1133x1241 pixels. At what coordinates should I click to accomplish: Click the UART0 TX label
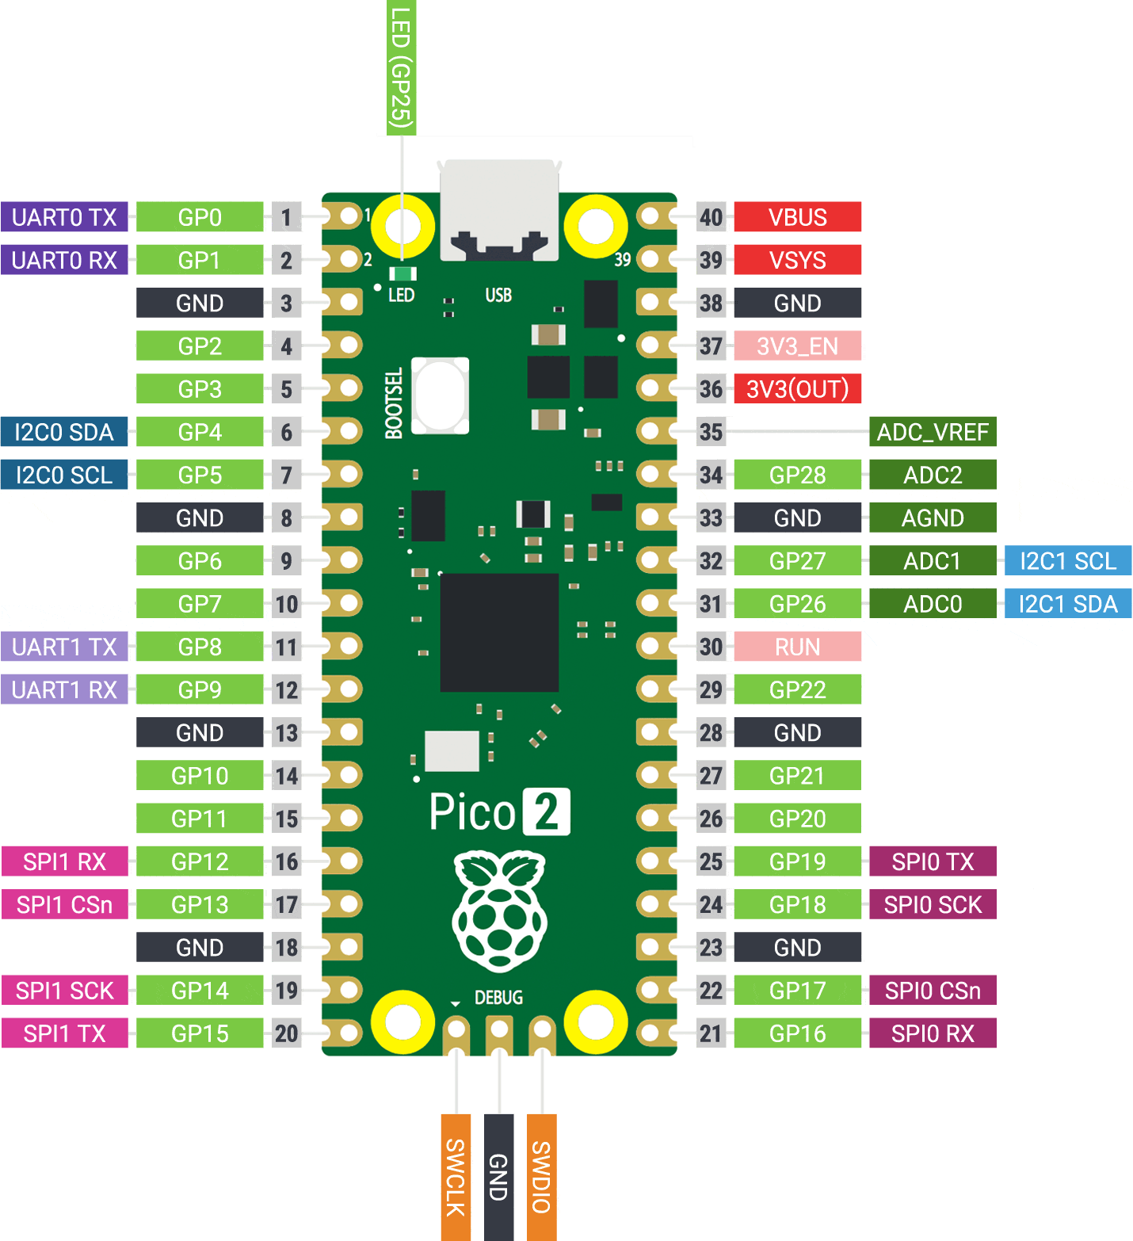(x=64, y=217)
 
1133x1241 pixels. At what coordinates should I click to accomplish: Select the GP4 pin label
(x=200, y=432)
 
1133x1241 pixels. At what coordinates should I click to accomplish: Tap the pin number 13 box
(x=286, y=733)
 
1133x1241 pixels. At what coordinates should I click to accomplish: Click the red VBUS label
(x=797, y=217)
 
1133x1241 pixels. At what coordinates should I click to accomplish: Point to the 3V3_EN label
(x=797, y=346)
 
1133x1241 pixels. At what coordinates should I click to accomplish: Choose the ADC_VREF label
(x=933, y=432)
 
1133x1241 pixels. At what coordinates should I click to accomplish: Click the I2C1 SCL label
(x=1067, y=561)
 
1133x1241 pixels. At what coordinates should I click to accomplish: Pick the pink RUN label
(x=797, y=647)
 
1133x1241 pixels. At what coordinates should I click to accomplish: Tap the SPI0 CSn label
(x=933, y=991)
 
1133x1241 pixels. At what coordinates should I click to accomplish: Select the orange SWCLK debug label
(x=456, y=1177)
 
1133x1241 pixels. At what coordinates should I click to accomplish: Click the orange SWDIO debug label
(x=541, y=1177)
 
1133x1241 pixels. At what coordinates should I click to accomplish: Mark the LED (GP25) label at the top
(x=401, y=67)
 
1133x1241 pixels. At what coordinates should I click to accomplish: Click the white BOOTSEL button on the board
(x=441, y=395)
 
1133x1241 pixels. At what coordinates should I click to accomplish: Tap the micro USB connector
(x=499, y=210)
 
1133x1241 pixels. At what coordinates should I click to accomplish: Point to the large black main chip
(x=499, y=632)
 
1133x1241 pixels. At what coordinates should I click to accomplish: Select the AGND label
(x=933, y=518)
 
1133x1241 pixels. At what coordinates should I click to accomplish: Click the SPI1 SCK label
(x=64, y=991)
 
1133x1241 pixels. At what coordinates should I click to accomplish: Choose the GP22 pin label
(x=797, y=690)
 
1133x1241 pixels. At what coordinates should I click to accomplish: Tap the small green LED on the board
(x=403, y=274)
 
